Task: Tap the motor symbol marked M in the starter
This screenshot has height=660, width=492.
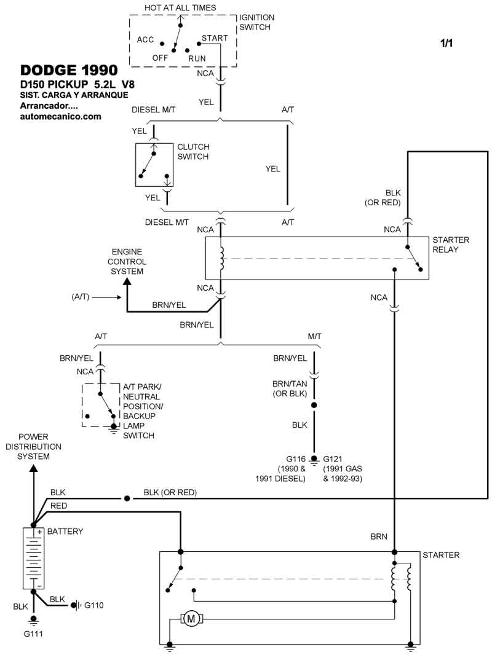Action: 191,618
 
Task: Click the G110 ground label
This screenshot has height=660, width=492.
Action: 93,605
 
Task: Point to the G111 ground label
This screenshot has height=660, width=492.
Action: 34,633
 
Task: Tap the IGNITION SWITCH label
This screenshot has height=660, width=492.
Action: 256,23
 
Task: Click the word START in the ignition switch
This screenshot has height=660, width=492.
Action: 215,38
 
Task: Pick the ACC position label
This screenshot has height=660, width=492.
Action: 145,39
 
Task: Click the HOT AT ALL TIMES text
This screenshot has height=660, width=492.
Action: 180,7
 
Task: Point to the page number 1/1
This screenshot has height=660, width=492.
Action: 446,44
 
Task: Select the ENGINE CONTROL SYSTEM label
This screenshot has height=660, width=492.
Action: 127,262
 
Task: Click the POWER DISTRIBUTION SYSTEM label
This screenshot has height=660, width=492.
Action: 34,447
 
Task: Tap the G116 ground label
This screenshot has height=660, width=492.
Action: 296,459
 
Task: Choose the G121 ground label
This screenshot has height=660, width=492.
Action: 333,459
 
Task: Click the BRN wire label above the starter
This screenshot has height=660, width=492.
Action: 379,536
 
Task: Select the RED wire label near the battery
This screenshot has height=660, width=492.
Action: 59,505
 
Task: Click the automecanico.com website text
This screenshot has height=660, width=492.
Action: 60,116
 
